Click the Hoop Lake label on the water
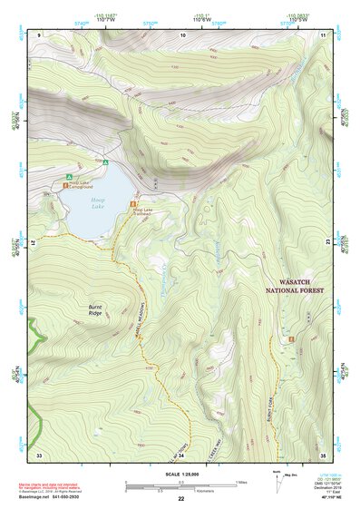pos(97,207)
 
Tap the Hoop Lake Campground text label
pos(82,184)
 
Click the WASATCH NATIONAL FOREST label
pos(296,287)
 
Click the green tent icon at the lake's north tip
pos(106,163)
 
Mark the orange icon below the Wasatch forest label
pos(291,339)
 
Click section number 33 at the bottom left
pos(39,455)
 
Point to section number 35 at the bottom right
pos(324,455)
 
